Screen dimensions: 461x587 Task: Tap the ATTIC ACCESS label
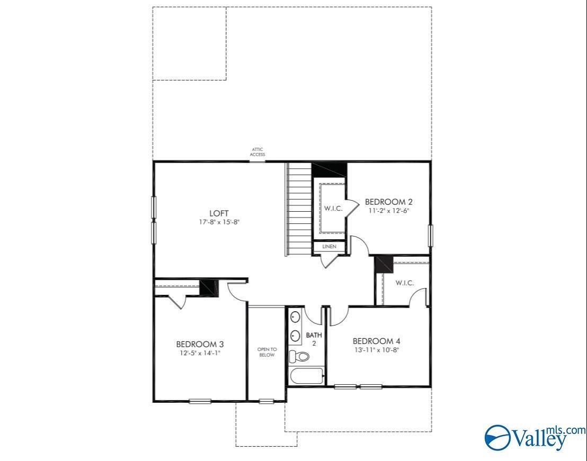click(257, 152)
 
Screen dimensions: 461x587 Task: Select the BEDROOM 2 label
click(389, 202)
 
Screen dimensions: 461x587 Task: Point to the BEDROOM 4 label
click(380, 341)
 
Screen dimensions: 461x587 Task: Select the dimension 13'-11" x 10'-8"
click(380, 350)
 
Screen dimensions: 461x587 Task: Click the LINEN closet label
click(329, 247)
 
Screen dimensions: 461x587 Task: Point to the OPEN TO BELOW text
click(266, 352)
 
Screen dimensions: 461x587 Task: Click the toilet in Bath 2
click(300, 357)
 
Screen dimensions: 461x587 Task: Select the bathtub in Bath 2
click(307, 376)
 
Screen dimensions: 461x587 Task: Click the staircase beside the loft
click(298, 209)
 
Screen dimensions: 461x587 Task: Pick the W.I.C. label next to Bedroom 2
click(333, 209)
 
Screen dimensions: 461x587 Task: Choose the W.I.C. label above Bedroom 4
click(404, 283)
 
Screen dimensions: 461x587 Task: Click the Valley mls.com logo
click(535, 436)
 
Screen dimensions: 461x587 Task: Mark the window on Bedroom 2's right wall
click(430, 236)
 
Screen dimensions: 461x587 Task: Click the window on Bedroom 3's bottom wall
click(200, 401)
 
